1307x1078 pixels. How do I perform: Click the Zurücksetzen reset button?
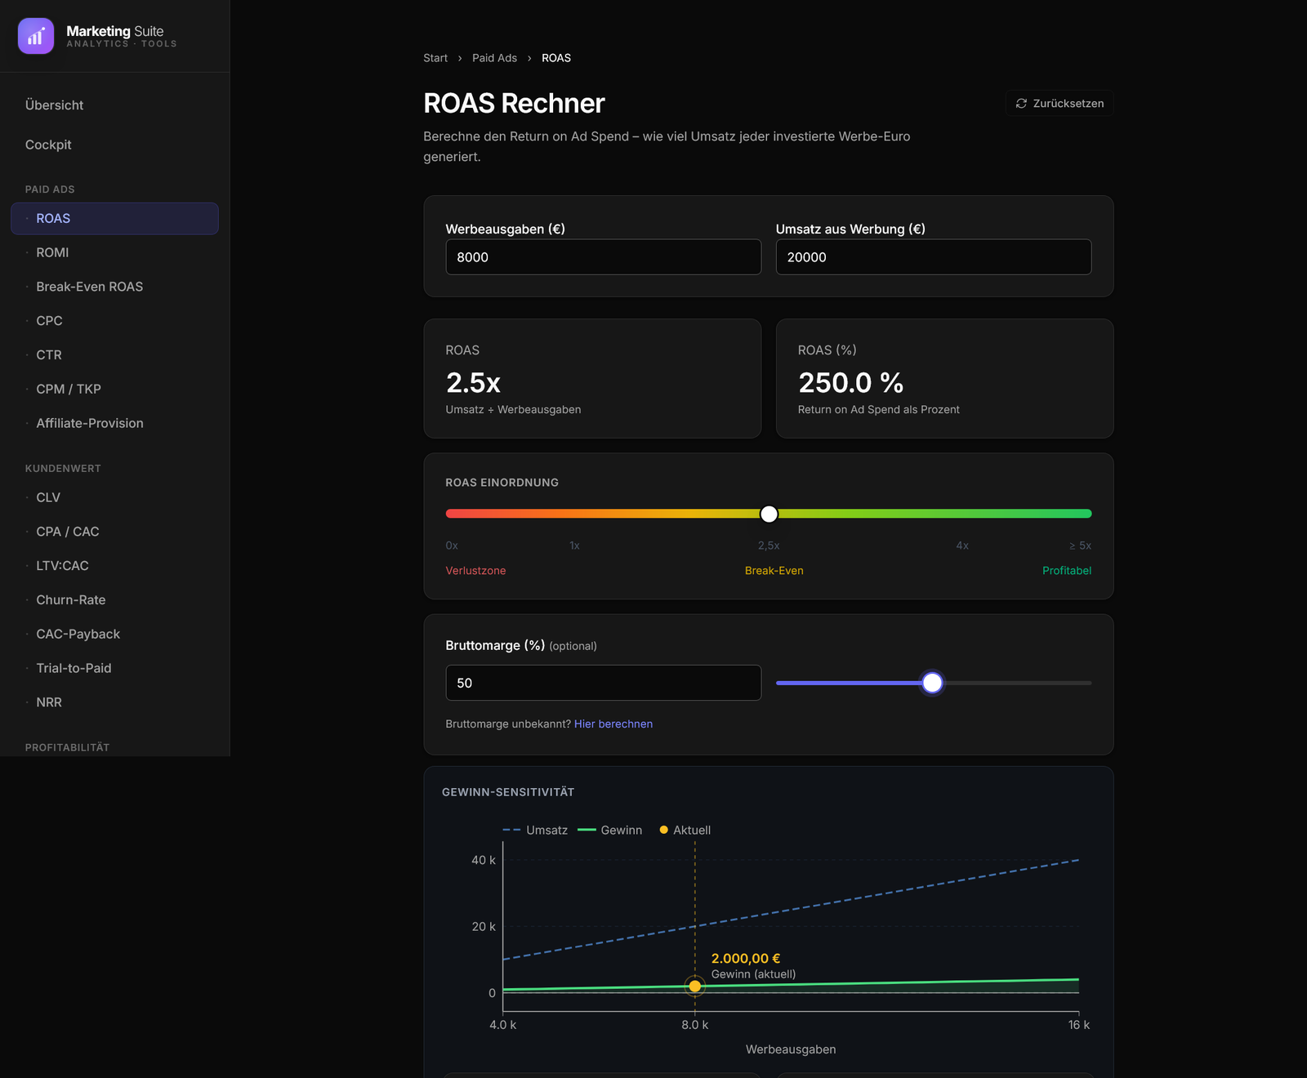[x=1059, y=104]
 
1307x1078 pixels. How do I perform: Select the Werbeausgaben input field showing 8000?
[x=604, y=257]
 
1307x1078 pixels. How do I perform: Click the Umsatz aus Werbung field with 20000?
[x=934, y=257]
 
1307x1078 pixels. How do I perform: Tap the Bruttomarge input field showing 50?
[x=604, y=683]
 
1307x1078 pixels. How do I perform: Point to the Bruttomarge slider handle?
[x=932, y=683]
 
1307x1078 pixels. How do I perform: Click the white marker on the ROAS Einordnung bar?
[x=769, y=514]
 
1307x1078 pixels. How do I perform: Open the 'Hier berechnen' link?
[x=613, y=724]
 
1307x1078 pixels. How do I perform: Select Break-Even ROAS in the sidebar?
[x=90, y=287]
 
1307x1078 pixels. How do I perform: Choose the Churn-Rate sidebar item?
[x=71, y=600]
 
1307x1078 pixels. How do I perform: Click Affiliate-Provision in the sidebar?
[x=90, y=423]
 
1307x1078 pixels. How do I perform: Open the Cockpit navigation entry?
[x=48, y=145]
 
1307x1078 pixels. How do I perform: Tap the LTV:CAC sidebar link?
[x=63, y=566]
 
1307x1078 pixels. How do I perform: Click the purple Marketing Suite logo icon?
[x=36, y=36]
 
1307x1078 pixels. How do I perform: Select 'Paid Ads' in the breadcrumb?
[x=494, y=58]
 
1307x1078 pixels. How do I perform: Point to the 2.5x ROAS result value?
[x=473, y=382]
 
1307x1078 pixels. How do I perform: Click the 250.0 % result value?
[x=850, y=382]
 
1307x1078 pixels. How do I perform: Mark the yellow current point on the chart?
[x=695, y=987]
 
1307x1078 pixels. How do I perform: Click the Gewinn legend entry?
[x=610, y=831]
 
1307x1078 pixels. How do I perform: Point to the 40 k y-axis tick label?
[x=484, y=860]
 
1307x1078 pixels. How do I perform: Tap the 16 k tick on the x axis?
[x=1079, y=1025]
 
